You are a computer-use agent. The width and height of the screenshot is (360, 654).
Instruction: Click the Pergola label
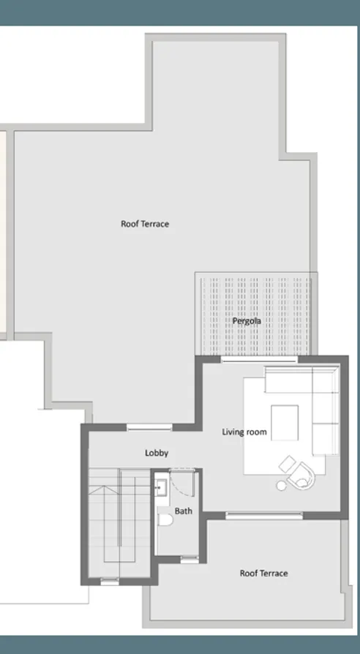pos(247,320)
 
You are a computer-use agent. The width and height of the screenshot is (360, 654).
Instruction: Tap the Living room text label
pos(244,432)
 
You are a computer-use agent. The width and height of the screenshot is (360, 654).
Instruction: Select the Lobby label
pos(157,453)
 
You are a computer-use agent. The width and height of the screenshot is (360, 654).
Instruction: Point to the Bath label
pos(183,511)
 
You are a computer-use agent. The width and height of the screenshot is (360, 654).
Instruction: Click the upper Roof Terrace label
pos(145,224)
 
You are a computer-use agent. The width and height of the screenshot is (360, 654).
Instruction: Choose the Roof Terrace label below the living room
pos(263,573)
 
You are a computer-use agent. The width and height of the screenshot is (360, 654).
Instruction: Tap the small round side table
pos(282,484)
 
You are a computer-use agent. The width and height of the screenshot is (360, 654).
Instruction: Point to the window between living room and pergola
pos(260,359)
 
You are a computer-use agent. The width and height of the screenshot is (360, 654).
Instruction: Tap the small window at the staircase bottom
pos(110,582)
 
